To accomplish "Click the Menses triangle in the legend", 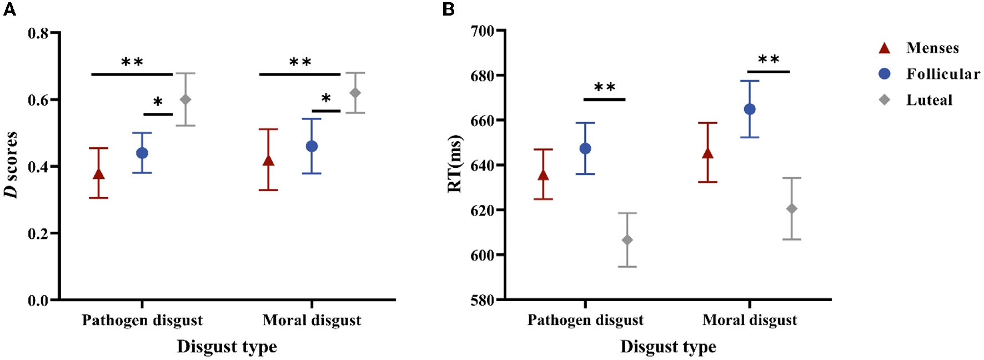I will tap(885, 48).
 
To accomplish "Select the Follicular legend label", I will tap(943, 74).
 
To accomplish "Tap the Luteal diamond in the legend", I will tap(885, 100).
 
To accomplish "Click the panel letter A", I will tap(9, 9).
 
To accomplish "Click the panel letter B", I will tap(449, 9).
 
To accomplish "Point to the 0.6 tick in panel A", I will tap(38, 100).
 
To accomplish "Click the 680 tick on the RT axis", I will tap(482, 76).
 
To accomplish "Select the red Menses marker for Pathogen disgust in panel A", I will tap(99, 174).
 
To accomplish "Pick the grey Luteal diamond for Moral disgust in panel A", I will tap(355, 93).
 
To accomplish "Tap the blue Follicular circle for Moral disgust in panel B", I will tap(750, 109).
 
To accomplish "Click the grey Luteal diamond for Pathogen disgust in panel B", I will tap(627, 240).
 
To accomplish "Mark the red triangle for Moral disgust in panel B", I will tap(708, 153).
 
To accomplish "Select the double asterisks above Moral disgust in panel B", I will tap(769, 60).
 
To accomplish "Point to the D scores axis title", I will tap(11, 164).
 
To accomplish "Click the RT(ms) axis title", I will tap(455, 164).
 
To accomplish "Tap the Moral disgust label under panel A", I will tap(312, 321).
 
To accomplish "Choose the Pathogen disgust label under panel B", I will tap(585, 321).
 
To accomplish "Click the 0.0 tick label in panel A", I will tap(38, 301).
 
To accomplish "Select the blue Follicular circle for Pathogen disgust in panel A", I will tap(142, 153).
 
